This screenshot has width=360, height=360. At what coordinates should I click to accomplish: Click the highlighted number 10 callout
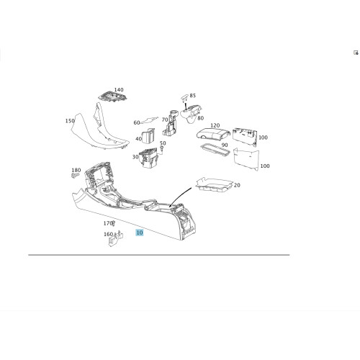click(140, 233)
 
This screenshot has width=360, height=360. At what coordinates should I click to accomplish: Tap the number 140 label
click(119, 90)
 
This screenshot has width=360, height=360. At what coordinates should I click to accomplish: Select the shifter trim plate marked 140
click(113, 96)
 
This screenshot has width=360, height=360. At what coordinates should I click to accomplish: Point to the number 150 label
click(70, 121)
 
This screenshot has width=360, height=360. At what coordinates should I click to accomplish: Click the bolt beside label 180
click(75, 176)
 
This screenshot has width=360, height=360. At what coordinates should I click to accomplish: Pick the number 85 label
click(193, 96)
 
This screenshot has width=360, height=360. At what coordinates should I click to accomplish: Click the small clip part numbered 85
click(184, 98)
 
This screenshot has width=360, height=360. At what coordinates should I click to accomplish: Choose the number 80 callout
click(201, 118)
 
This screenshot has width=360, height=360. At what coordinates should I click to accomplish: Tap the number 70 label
click(165, 120)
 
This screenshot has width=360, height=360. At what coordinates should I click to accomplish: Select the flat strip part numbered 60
click(149, 120)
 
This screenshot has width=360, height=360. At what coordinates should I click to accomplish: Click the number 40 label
click(138, 139)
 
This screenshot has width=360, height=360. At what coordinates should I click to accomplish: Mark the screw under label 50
click(161, 149)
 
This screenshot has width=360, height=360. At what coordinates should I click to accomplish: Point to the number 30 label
click(135, 157)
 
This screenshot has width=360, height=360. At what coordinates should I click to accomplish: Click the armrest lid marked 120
click(212, 133)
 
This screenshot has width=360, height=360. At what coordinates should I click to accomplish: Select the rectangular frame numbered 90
click(215, 150)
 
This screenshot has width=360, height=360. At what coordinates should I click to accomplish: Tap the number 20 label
click(237, 185)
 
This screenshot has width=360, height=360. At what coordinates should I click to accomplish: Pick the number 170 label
click(108, 223)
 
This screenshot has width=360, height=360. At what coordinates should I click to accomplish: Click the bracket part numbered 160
click(116, 239)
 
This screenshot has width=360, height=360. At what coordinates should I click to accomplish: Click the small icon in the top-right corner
click(356, 53)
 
